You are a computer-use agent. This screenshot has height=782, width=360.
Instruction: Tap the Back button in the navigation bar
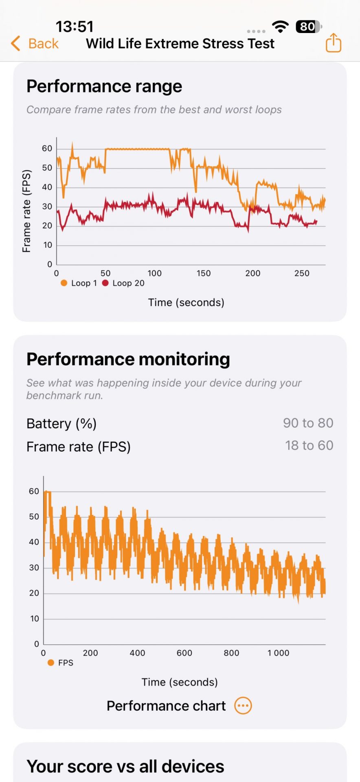point(35,43)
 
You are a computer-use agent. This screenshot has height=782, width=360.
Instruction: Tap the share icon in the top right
point(333,43)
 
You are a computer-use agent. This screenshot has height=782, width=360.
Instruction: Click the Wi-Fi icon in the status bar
point(280,26)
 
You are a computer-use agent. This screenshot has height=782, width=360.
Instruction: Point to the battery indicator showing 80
point(309,27)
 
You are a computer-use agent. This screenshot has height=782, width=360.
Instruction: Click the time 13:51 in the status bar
point(75,27)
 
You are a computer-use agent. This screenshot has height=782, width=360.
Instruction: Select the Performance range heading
point(104,86)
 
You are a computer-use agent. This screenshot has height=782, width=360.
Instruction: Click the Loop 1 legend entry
point(79,283)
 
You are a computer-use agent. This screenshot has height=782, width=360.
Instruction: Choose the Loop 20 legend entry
point(123,283)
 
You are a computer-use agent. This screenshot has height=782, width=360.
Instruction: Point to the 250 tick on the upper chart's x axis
point(302,273)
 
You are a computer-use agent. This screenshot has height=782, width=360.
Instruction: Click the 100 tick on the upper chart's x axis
point(154,273)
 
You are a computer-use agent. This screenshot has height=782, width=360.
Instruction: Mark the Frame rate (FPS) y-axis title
point(26,211)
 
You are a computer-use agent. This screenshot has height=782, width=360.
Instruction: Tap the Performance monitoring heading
point(128,359)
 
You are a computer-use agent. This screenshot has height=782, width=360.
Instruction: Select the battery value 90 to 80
point(308,423)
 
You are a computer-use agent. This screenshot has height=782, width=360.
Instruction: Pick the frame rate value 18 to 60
point(309,446)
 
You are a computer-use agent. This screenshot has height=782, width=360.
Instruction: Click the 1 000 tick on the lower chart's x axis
point(278,653)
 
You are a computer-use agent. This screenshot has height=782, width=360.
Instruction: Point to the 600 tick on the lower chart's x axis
point(184,653)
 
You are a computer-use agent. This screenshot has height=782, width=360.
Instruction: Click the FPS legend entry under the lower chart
point(60,663)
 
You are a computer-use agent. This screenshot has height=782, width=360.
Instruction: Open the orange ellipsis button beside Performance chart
point(243,705)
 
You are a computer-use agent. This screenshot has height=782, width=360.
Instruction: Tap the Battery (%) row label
point(61,424)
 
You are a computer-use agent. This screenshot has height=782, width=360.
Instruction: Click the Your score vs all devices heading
point(125,767)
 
